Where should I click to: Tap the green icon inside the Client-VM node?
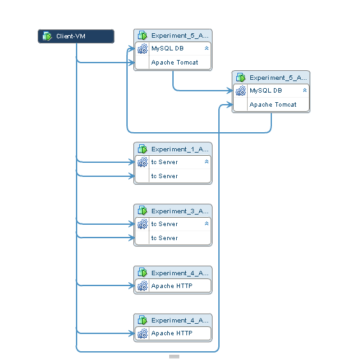[x=47, y=36]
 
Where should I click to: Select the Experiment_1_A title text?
[x=179, y=149]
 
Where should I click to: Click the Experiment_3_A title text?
[x=179, y=211]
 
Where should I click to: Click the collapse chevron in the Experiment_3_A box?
[x=206, y=224]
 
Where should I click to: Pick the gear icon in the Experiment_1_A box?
[x=142, y=162]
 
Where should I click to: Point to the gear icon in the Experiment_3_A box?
[x=142, y=224]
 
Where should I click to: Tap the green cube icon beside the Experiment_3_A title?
[x=142, y=211]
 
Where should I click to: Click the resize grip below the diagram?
[x=174, y=356]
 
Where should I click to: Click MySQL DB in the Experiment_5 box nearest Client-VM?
[x=167, y=48]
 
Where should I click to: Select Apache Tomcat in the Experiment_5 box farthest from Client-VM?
[x=273, y=105]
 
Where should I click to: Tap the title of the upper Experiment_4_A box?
[x=179, y=273]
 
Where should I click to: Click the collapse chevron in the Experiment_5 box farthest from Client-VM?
[x=304, y=91]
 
